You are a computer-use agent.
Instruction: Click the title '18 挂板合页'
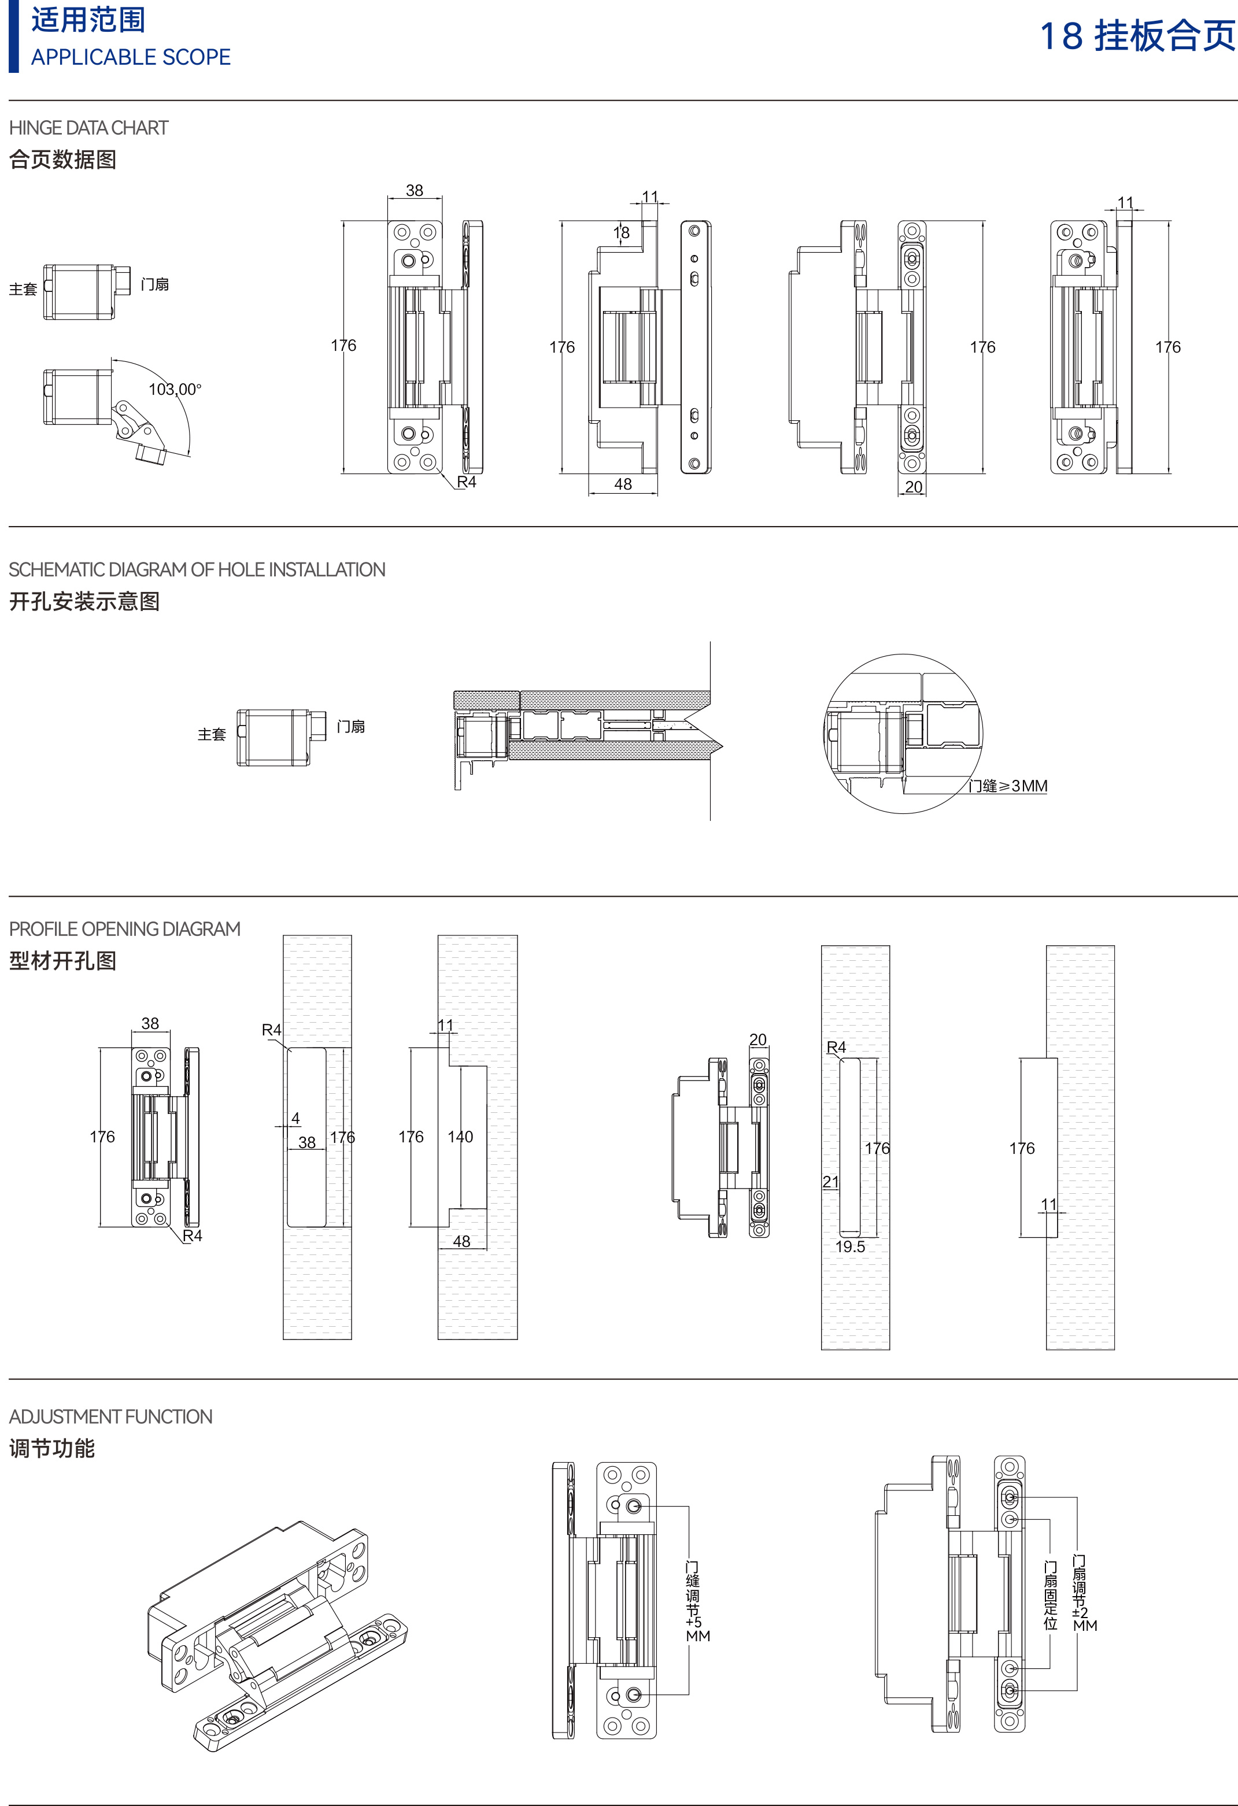pos(1137,36)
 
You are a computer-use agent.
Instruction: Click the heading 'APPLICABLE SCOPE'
pos(131,57)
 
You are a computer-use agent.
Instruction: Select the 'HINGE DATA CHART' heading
pos(88,128)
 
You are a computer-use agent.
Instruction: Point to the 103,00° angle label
pos(175,389)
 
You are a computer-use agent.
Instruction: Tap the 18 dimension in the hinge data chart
pos(621,232)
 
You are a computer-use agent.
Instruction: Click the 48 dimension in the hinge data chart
pos(623,484)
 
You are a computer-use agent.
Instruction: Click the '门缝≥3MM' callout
pos(1007,786)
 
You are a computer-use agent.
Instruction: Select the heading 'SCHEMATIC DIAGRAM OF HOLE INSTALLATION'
pos(197,569)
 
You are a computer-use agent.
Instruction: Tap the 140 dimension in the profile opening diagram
pos(460,1137)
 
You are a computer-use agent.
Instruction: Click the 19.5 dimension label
pos(849,1246)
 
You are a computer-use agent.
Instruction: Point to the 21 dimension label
pos(831,1182)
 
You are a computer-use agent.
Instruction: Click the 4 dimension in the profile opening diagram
pos(295,1118)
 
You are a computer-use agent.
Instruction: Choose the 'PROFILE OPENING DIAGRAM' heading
pos(124,930)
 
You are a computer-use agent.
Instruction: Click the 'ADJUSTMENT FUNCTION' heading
pos(110,1417)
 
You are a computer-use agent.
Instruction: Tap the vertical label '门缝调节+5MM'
pos(694,1601)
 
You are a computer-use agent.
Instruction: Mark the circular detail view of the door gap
pos(903,734)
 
